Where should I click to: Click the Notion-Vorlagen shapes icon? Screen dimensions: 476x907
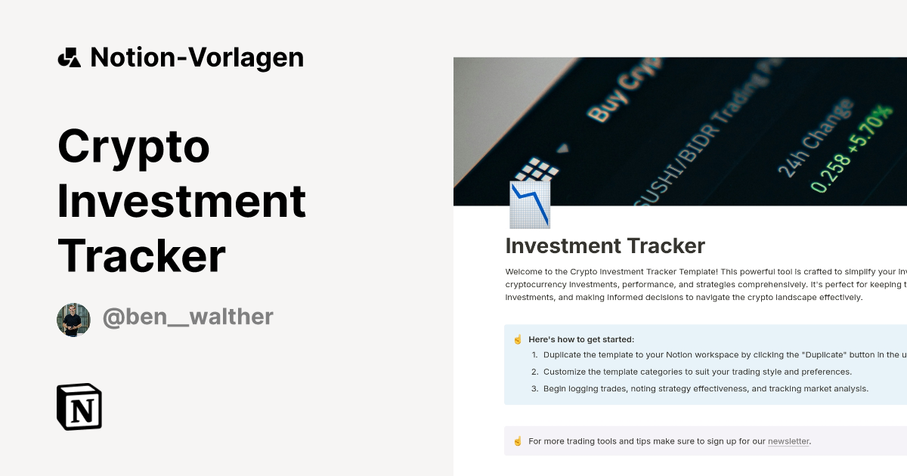69,57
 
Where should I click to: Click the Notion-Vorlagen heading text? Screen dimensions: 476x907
197,57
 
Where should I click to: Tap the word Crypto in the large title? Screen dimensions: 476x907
134,147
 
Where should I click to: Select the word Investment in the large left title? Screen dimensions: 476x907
181,202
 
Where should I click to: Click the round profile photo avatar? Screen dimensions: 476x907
73,320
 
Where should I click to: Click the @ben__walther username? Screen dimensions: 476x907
187,317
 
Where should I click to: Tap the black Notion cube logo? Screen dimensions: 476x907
79,406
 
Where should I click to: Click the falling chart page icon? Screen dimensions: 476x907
530,205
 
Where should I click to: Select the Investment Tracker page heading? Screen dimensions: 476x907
605,246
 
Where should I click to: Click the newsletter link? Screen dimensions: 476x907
788,441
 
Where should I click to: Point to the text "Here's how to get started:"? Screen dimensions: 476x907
581,339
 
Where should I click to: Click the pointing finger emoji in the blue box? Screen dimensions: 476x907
518,339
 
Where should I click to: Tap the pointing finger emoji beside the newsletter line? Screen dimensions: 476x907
518,441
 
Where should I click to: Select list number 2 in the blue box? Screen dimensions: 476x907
534,372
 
